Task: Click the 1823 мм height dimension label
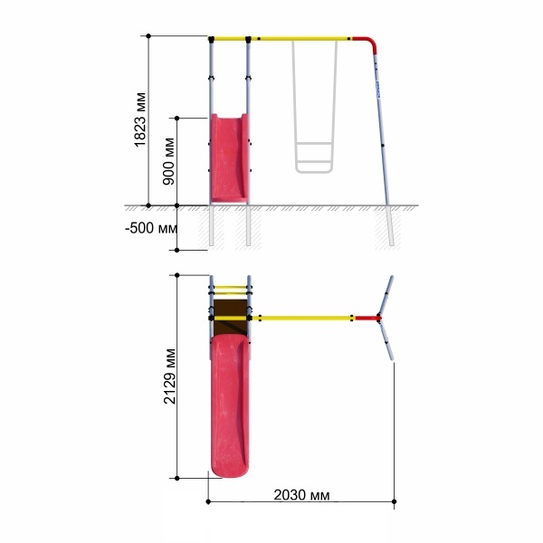140,119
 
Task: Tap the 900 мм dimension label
169,161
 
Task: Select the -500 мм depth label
151,228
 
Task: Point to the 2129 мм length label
170,376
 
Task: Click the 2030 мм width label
301,495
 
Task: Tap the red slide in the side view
229,157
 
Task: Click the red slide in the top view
230,405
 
